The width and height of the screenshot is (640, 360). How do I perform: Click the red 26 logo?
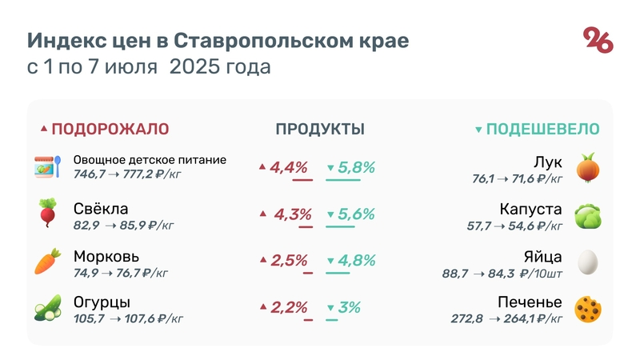(598, 39)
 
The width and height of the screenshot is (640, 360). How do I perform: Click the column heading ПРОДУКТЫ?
(320, 129)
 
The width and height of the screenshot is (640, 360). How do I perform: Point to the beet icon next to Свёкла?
(46, 213)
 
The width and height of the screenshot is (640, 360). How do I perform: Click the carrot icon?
(46, 261)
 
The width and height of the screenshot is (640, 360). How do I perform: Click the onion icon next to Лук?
(588, 167)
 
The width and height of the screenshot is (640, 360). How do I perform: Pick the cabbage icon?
(588, 214)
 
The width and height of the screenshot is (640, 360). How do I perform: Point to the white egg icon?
(588, 262)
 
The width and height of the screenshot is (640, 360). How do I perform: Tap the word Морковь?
(106, 257)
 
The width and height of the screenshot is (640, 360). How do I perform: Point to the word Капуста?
(530, 210)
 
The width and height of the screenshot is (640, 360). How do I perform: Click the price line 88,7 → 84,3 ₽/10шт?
(502, 274)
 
